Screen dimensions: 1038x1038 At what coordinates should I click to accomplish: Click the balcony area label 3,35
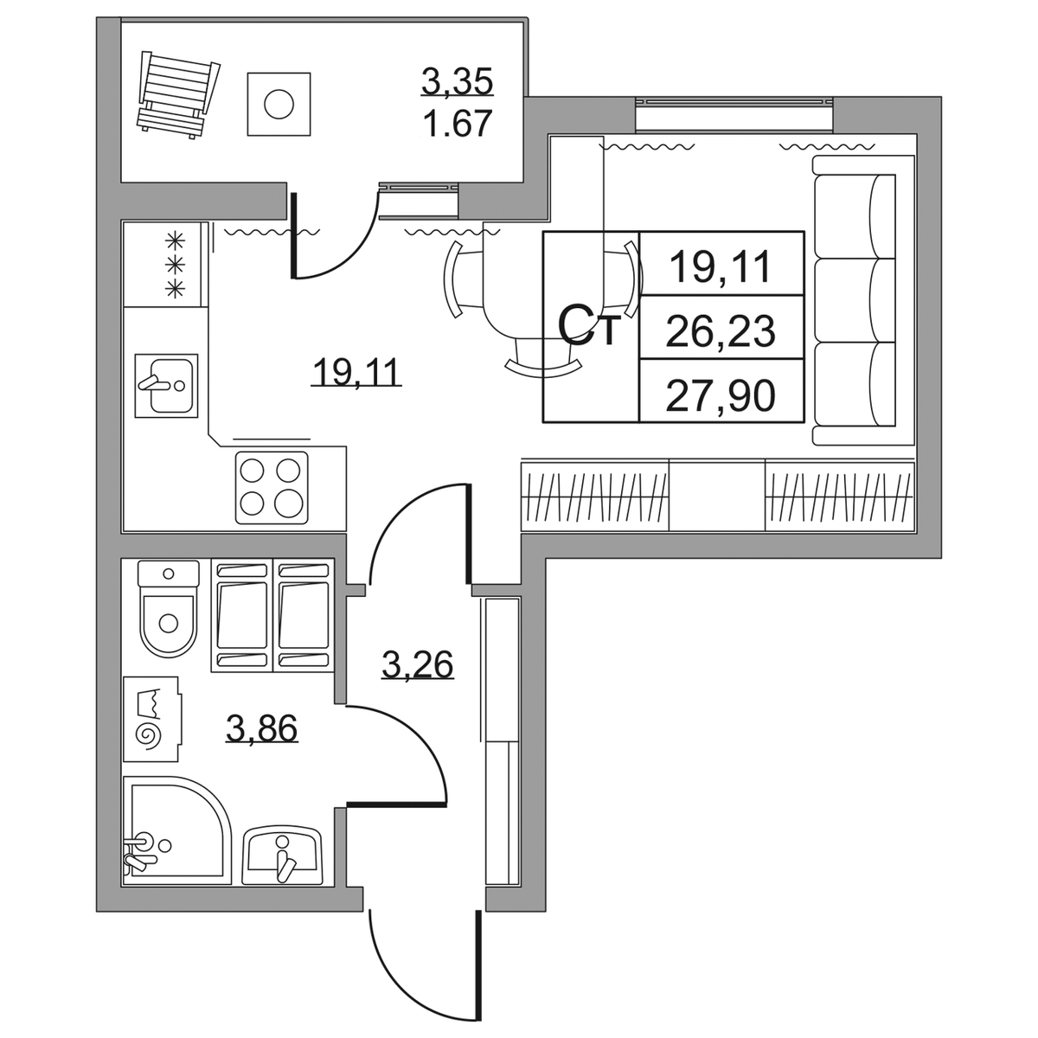458,83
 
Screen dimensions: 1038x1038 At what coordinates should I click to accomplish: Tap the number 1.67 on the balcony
458,124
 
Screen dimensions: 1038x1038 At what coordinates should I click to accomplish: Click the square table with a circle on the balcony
279,104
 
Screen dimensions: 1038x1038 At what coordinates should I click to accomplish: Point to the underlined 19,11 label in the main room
356,372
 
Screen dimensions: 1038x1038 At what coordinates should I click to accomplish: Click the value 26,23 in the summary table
721,331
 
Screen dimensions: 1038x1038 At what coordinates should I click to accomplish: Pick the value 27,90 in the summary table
721,394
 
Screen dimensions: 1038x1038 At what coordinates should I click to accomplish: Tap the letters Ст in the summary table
590,326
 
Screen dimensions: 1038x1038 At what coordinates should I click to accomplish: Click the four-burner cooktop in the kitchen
272,488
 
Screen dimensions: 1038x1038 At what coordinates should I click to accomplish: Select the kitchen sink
166,386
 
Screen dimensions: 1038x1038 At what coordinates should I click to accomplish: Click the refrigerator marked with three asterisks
165,265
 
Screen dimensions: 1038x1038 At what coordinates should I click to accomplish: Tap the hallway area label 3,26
418,664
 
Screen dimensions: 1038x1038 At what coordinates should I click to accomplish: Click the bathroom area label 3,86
262,729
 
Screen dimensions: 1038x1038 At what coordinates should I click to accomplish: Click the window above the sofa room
734,115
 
